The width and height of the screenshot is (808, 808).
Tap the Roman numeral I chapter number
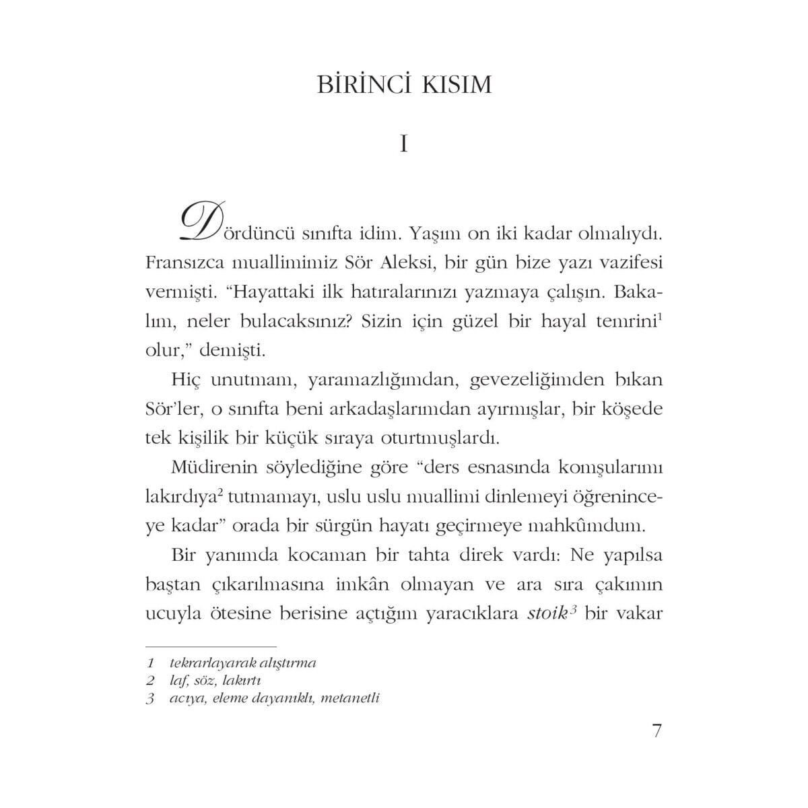pyautogui.click(x=403, y=144)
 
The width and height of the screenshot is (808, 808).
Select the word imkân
pyautogui.click(x=364, y=585)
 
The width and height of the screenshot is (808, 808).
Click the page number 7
pyautogui.click(x=657, y=731)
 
